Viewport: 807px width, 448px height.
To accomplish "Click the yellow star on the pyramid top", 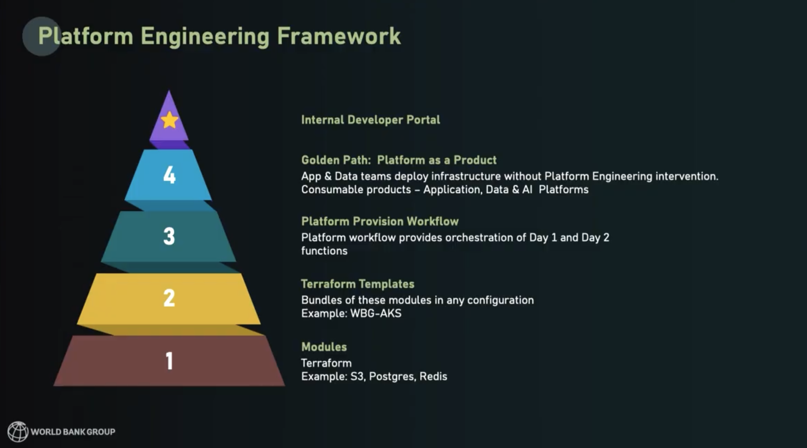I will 169,120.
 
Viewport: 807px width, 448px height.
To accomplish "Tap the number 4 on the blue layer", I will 169,175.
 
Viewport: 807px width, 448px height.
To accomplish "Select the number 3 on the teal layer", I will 169,236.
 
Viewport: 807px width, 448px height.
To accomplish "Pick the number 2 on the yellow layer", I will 169,298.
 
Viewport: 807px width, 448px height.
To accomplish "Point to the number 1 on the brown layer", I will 169,361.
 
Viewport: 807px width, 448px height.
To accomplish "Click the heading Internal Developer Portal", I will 370,120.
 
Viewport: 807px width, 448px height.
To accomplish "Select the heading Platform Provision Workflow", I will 380,221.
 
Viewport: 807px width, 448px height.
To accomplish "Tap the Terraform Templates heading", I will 358,284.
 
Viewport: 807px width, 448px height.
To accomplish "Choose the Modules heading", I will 324,347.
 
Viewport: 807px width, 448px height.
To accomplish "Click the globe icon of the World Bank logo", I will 18,431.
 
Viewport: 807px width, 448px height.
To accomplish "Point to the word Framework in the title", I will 339,36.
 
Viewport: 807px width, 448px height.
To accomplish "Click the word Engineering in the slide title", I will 205,37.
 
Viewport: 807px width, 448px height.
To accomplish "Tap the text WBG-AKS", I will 376,313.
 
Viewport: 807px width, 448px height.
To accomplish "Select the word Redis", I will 433,376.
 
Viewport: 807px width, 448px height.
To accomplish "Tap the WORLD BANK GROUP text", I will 73,432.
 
